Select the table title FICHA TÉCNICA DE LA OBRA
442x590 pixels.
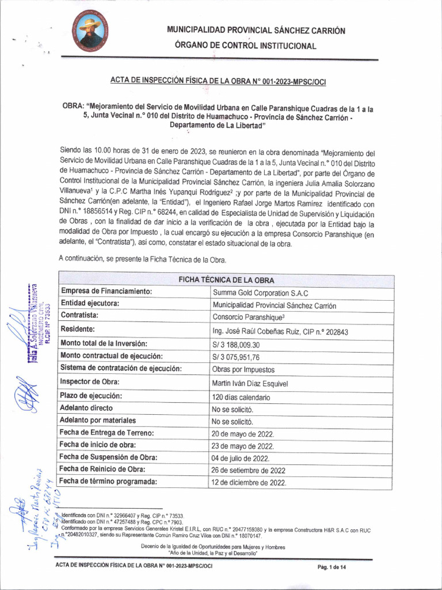pos(226,280)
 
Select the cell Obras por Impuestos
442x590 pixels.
pos(243,369)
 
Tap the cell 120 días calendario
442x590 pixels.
pos(241,398)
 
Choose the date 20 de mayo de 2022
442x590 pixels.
pos(243,434)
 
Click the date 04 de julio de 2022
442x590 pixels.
pos(241,458)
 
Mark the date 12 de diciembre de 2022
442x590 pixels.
pos(249,482)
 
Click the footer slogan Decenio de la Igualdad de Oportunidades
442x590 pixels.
pos(213,546)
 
